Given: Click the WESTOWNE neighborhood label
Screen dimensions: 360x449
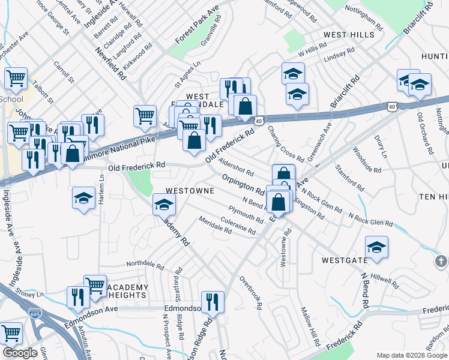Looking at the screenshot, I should coord(190,190).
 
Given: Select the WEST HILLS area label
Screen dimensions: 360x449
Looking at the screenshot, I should coord(349,35).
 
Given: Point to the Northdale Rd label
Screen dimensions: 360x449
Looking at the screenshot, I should coord(145,264).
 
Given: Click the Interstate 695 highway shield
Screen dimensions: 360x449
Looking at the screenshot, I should coord(35,313).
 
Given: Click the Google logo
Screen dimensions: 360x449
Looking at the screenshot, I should coord(20,353).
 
